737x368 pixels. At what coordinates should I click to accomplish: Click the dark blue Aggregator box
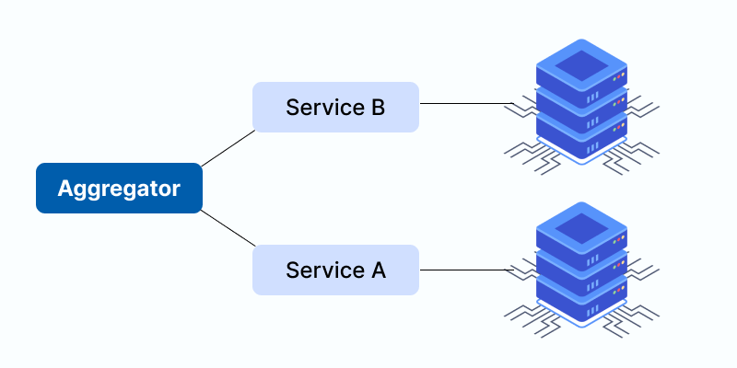[x=119, y=189]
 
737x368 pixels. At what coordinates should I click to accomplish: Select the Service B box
[x=335, y=107]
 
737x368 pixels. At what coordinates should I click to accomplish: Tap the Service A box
[x=335, y=270]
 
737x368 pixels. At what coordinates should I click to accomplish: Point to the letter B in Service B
[x=378, y=107]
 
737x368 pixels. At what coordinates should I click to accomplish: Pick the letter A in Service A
[x=378, y=270]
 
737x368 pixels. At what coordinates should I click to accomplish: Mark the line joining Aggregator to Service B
[x=228, y=148]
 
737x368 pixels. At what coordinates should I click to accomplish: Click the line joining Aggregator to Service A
[x=228, y=228]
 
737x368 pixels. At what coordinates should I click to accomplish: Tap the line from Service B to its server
[x=465, y=104]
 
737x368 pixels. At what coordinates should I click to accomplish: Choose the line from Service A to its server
[x=465, y=270]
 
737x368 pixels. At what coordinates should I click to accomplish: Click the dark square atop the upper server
[x=581, y=63]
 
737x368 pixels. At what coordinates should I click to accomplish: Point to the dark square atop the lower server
[x=581, y=227]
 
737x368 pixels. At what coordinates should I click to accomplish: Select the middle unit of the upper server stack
[x=581, y=103]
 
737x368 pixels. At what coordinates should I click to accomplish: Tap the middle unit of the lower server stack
[x=581, y=267]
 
